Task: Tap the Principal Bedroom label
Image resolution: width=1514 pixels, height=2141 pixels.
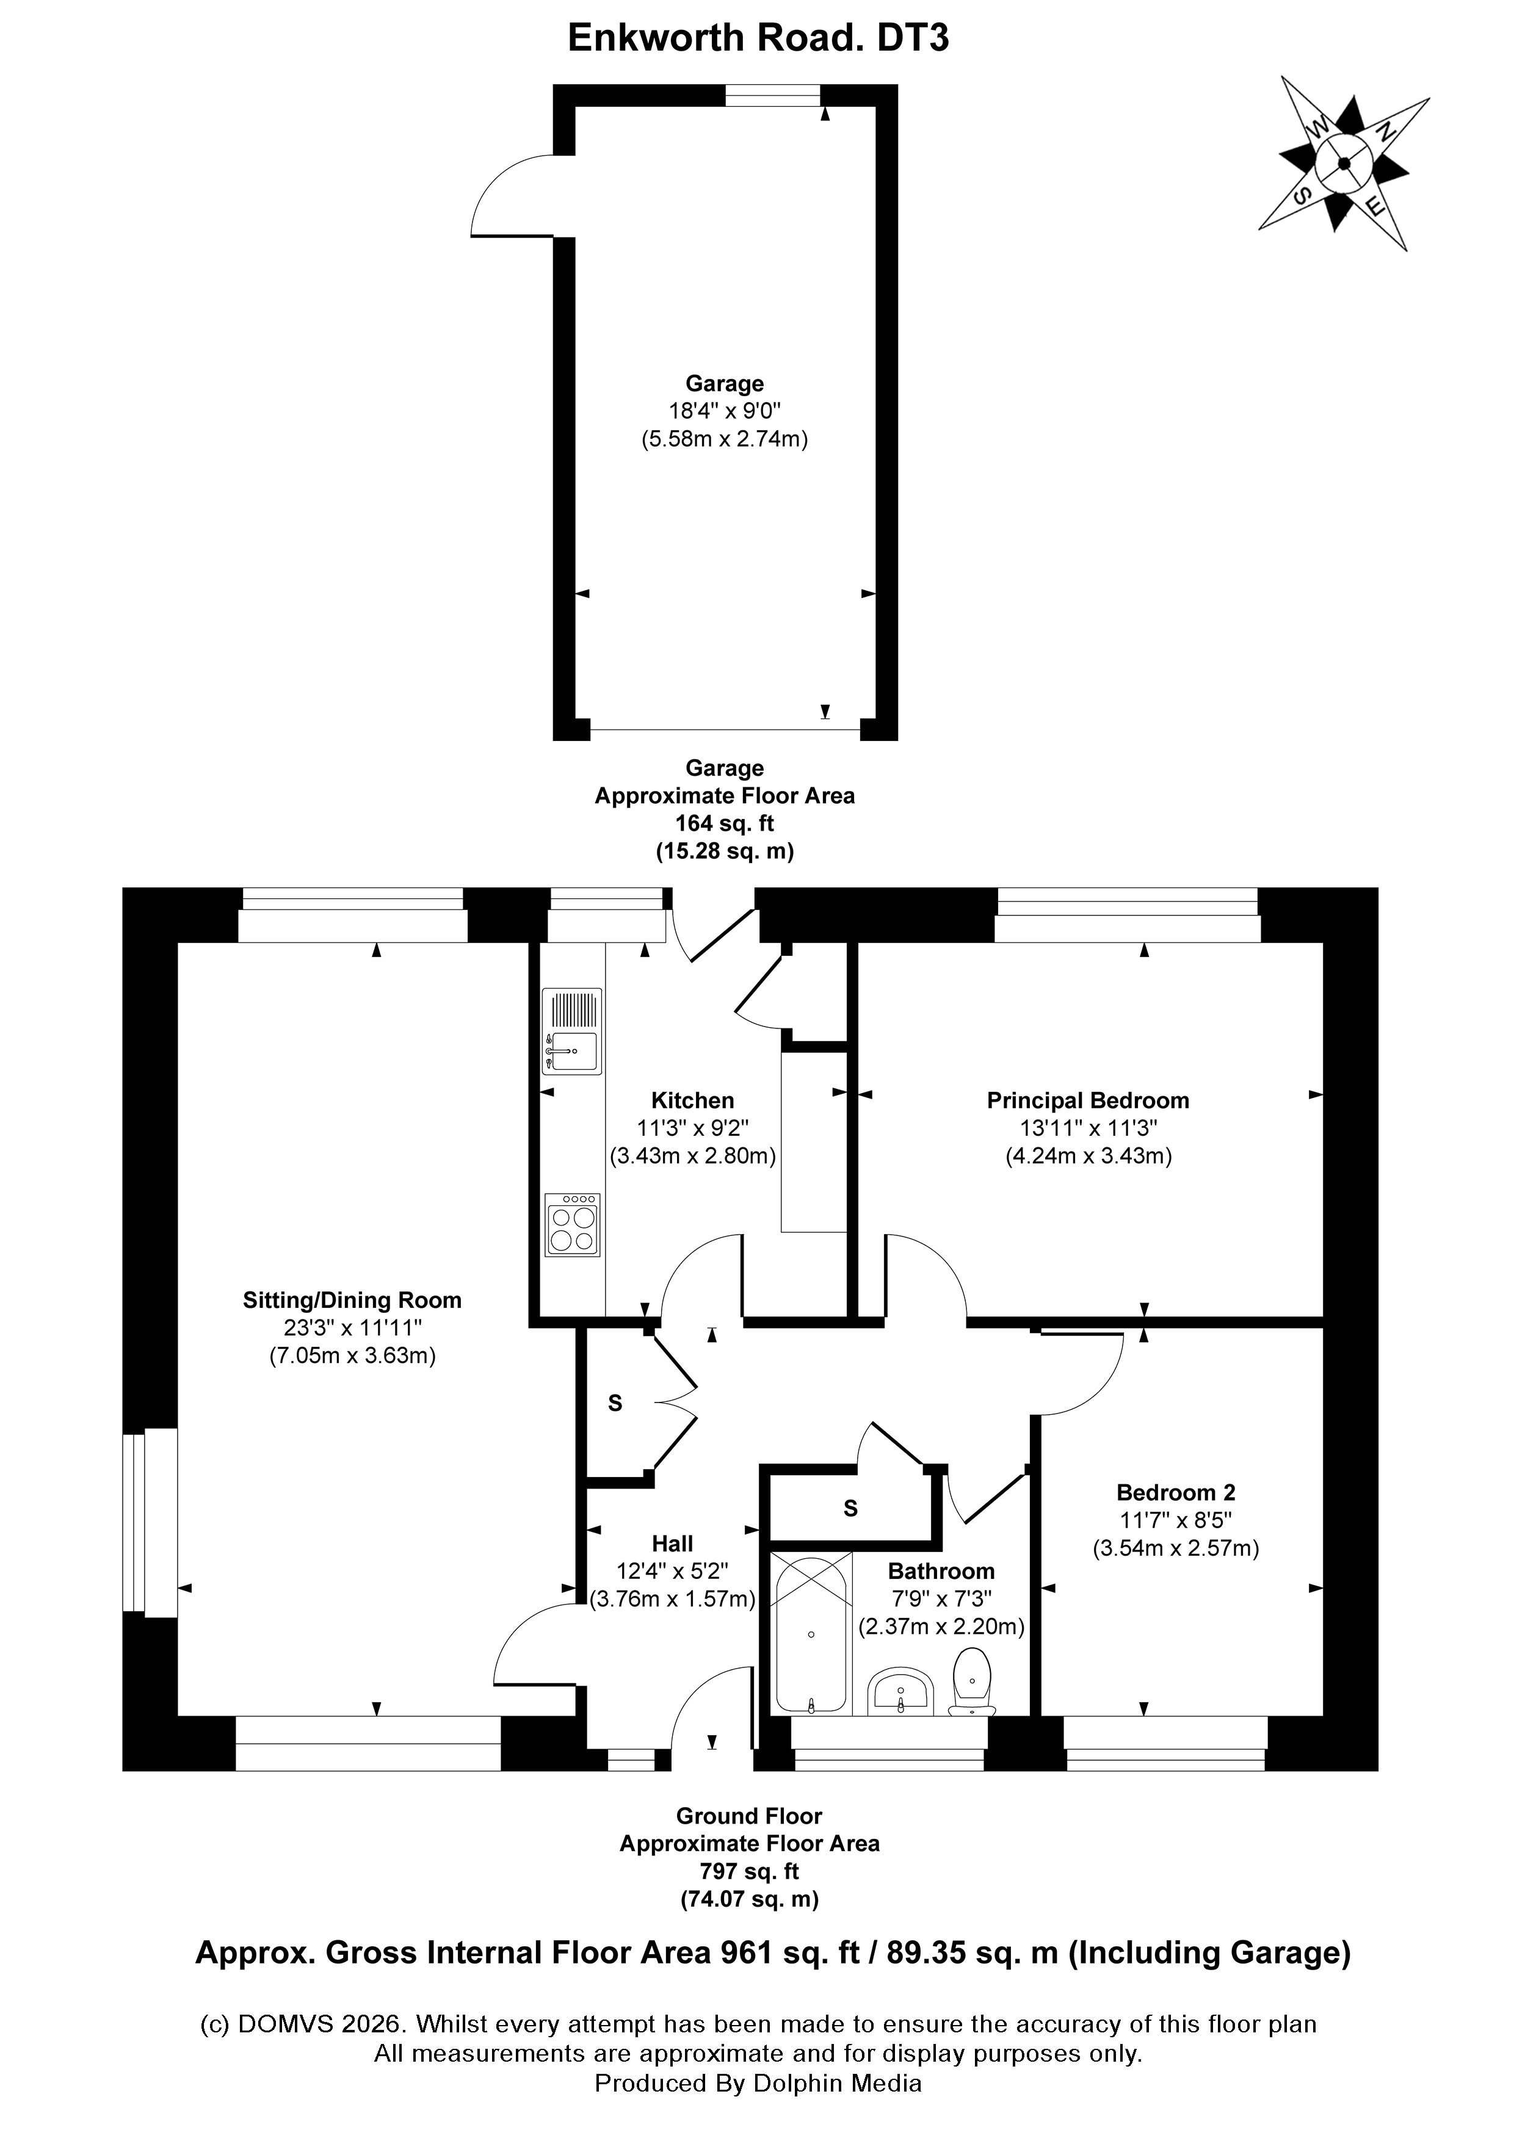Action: pos(1088,1100)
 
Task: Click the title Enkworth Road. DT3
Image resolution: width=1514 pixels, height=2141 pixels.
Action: pos(758,39)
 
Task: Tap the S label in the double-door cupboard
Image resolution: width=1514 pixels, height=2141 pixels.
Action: pos(615,1403)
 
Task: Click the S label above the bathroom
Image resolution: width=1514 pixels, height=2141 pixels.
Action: pos(850,1508)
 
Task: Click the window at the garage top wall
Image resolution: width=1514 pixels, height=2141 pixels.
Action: pos(773,95)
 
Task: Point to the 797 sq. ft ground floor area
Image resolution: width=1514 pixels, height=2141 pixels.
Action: pos(749,1871)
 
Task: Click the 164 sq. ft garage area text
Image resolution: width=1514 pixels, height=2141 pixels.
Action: pos(724,823)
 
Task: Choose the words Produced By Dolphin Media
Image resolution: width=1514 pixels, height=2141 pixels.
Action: pos(758,2083)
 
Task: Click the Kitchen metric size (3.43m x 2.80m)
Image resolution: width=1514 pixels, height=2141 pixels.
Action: pos(692,1157)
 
